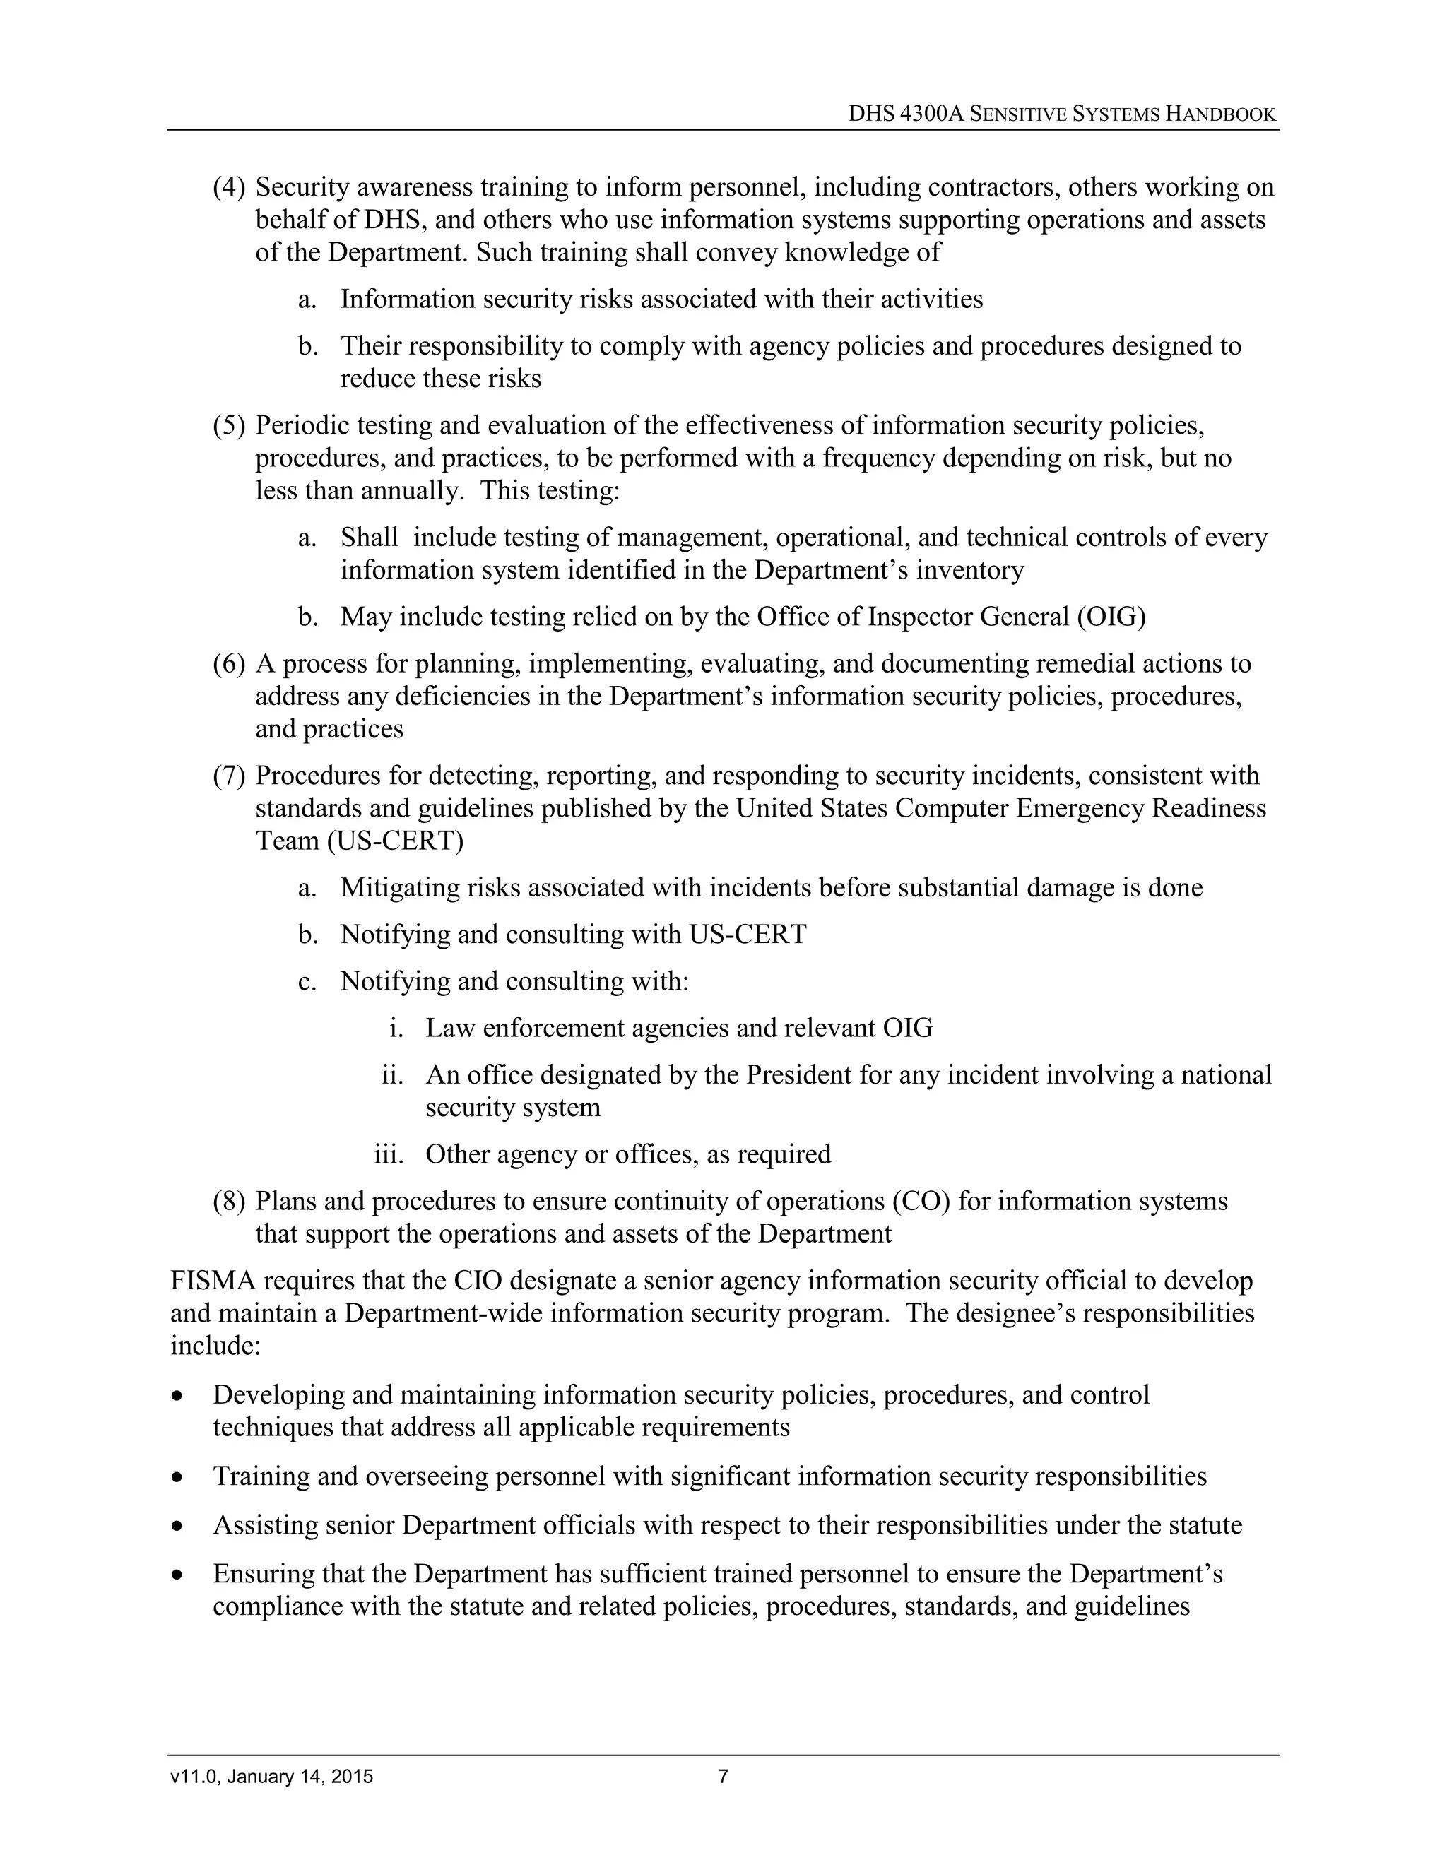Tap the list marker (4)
coord(229,187)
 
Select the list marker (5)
coord(229,425)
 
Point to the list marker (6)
coord(229,663)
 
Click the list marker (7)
coord(229,776)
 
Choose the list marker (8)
coord(229,1202)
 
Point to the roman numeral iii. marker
coord(389,1154)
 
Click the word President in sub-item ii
coord(799,1075)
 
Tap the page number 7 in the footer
coord(723,1777)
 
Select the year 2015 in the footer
coord(354,1777)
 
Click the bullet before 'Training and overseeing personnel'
coord(177,1478)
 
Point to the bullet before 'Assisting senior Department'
coord(177,1527)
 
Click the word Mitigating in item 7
coord(398,888)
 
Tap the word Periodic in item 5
coord(301,425)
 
